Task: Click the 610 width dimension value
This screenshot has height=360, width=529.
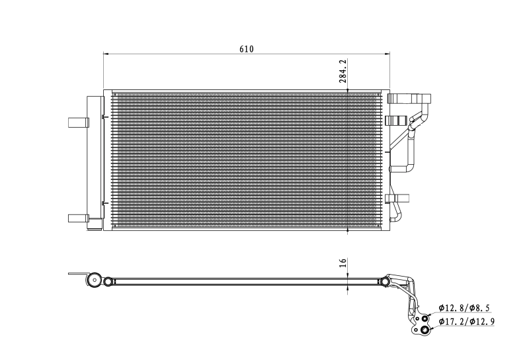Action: click(x=246, y=49)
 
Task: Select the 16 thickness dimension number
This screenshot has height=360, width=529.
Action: click(x=343, y=263)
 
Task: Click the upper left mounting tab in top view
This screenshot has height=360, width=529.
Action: click(x=77, y=122)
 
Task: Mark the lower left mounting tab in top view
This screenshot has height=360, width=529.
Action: click(x=77, y=217)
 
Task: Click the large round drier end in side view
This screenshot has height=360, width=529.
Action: click(x=94, y=281)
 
